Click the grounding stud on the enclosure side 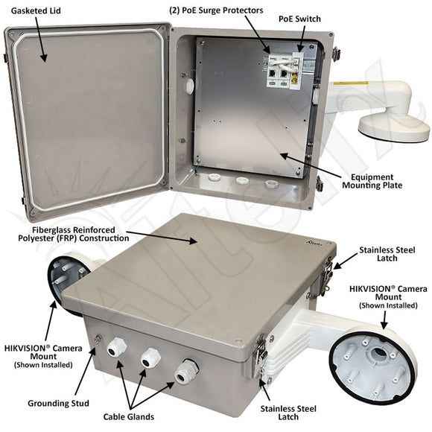98,340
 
